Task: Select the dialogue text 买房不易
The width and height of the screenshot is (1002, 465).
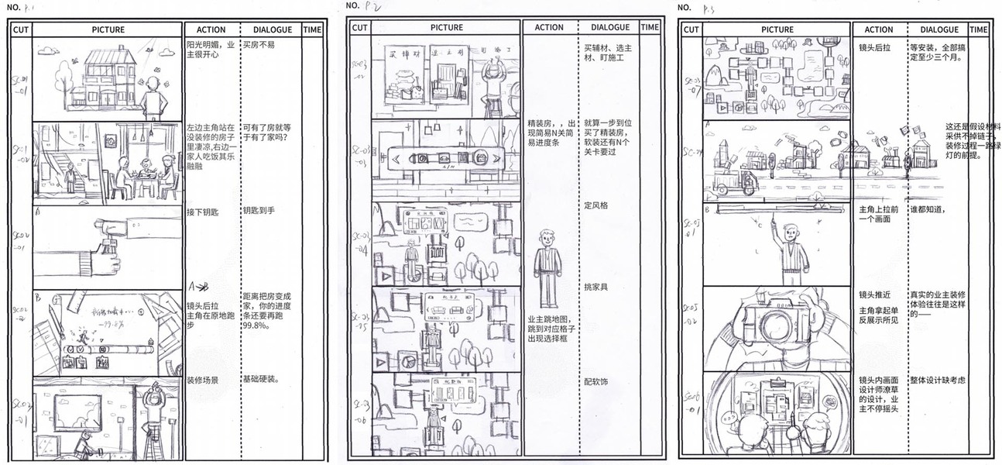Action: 258,46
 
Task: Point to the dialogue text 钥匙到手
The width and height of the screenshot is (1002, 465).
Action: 259,211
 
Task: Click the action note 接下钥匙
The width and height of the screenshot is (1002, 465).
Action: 203,211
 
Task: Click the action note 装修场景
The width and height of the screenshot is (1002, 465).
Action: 202,380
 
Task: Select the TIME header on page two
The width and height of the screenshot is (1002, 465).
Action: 650,27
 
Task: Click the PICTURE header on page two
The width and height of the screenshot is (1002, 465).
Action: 447,28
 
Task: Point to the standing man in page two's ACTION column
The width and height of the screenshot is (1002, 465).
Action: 548,267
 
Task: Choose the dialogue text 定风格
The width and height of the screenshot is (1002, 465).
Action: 597,205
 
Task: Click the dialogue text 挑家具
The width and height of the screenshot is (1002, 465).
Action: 597,288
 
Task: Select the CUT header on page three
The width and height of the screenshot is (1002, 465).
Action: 691,29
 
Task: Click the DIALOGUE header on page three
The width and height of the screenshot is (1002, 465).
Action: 939,29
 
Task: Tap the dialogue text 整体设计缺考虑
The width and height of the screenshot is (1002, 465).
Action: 938,380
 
